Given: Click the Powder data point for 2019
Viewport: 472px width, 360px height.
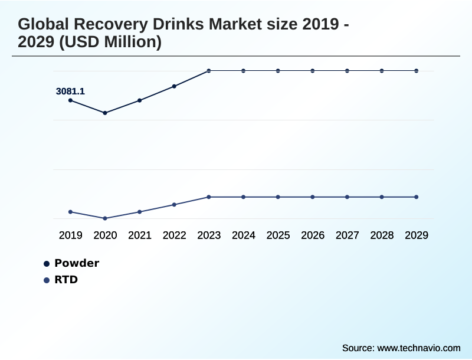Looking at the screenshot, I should point(71,100).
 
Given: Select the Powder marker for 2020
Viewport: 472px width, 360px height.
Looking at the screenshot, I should point(105,113).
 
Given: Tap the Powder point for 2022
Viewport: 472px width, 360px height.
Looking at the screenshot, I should point(174,86).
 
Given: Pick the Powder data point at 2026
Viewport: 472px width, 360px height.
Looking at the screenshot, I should point(313,71).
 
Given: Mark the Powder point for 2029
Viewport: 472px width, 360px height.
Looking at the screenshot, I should point(417,71).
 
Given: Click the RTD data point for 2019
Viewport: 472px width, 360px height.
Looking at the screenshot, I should point(71,212).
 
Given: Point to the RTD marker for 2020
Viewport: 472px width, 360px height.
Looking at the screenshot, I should point(105,218).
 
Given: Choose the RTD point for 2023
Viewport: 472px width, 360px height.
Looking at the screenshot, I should point(209,197).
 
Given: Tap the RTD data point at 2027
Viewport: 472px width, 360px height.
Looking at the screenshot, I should point(348,197).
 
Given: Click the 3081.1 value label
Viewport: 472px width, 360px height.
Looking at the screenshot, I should point(70,91).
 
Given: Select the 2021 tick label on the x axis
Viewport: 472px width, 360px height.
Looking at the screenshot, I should point(140,235).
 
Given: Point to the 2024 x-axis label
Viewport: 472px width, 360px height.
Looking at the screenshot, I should point(244,235).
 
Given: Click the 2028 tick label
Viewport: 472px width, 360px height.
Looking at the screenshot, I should point(382,235).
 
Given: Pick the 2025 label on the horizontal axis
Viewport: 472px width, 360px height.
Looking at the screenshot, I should point(278,235).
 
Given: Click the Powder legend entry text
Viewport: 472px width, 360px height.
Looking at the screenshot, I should point(77,263).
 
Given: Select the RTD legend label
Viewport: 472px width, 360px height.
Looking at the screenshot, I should point(66,280).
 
